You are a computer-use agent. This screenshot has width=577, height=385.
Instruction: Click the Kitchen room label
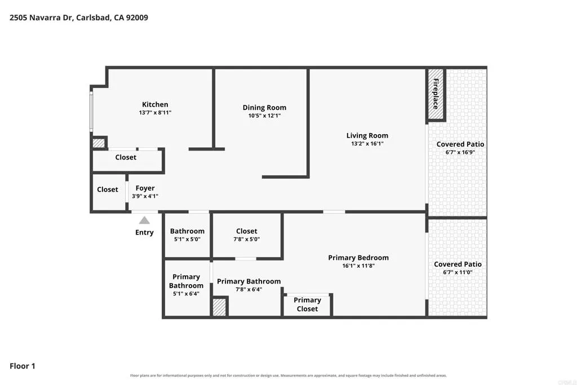[x=155, y=104]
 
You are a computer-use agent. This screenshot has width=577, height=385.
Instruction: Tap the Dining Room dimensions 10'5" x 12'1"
[x=264, y=116]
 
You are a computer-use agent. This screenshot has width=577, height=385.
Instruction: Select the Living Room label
[x=367, y=135]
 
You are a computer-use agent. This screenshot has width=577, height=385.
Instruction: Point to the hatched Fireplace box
[x=436, y=94]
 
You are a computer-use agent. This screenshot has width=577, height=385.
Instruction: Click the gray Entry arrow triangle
[x=144, y=220]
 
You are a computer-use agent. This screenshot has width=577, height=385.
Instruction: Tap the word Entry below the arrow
[x=144, y=233]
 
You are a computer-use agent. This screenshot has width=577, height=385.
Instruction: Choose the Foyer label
[x=145, y=188]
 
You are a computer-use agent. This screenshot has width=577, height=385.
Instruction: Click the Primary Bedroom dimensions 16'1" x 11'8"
[x=358, y=265]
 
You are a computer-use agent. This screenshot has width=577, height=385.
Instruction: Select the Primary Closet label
[x=307, y=304]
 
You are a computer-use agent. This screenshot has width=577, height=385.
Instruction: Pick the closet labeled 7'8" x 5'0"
[x=247, y=235]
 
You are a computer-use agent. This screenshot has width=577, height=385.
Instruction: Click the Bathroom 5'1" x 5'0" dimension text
[x=187, y=239]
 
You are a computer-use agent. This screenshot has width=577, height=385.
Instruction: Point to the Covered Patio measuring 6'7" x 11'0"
[x=458, y=268]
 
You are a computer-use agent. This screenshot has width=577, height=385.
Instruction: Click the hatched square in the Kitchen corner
[x=99, y=143]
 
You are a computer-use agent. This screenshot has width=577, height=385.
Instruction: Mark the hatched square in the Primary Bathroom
[x=219, y=307]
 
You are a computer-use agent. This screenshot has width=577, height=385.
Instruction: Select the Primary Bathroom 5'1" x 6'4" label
[x=186, y=285]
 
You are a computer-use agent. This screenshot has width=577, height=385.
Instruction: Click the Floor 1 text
[x=23, y=366]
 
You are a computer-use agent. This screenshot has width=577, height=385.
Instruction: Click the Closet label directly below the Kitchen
[x=126, y=157]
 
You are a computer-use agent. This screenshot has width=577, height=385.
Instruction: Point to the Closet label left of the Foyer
[x=108, y=189]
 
